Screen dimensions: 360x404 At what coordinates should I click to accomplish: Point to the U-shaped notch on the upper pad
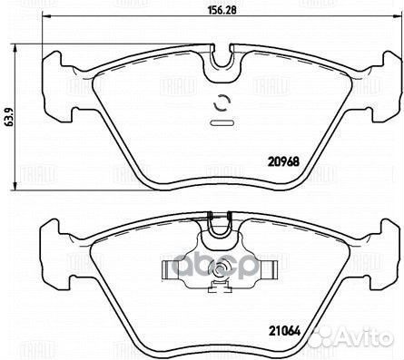pos(221,60)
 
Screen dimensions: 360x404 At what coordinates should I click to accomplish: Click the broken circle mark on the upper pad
pos(221,103)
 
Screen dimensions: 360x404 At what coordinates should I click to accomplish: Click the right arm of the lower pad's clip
pos(269,269)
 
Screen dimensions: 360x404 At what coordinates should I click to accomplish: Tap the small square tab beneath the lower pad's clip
pos(221,290)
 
